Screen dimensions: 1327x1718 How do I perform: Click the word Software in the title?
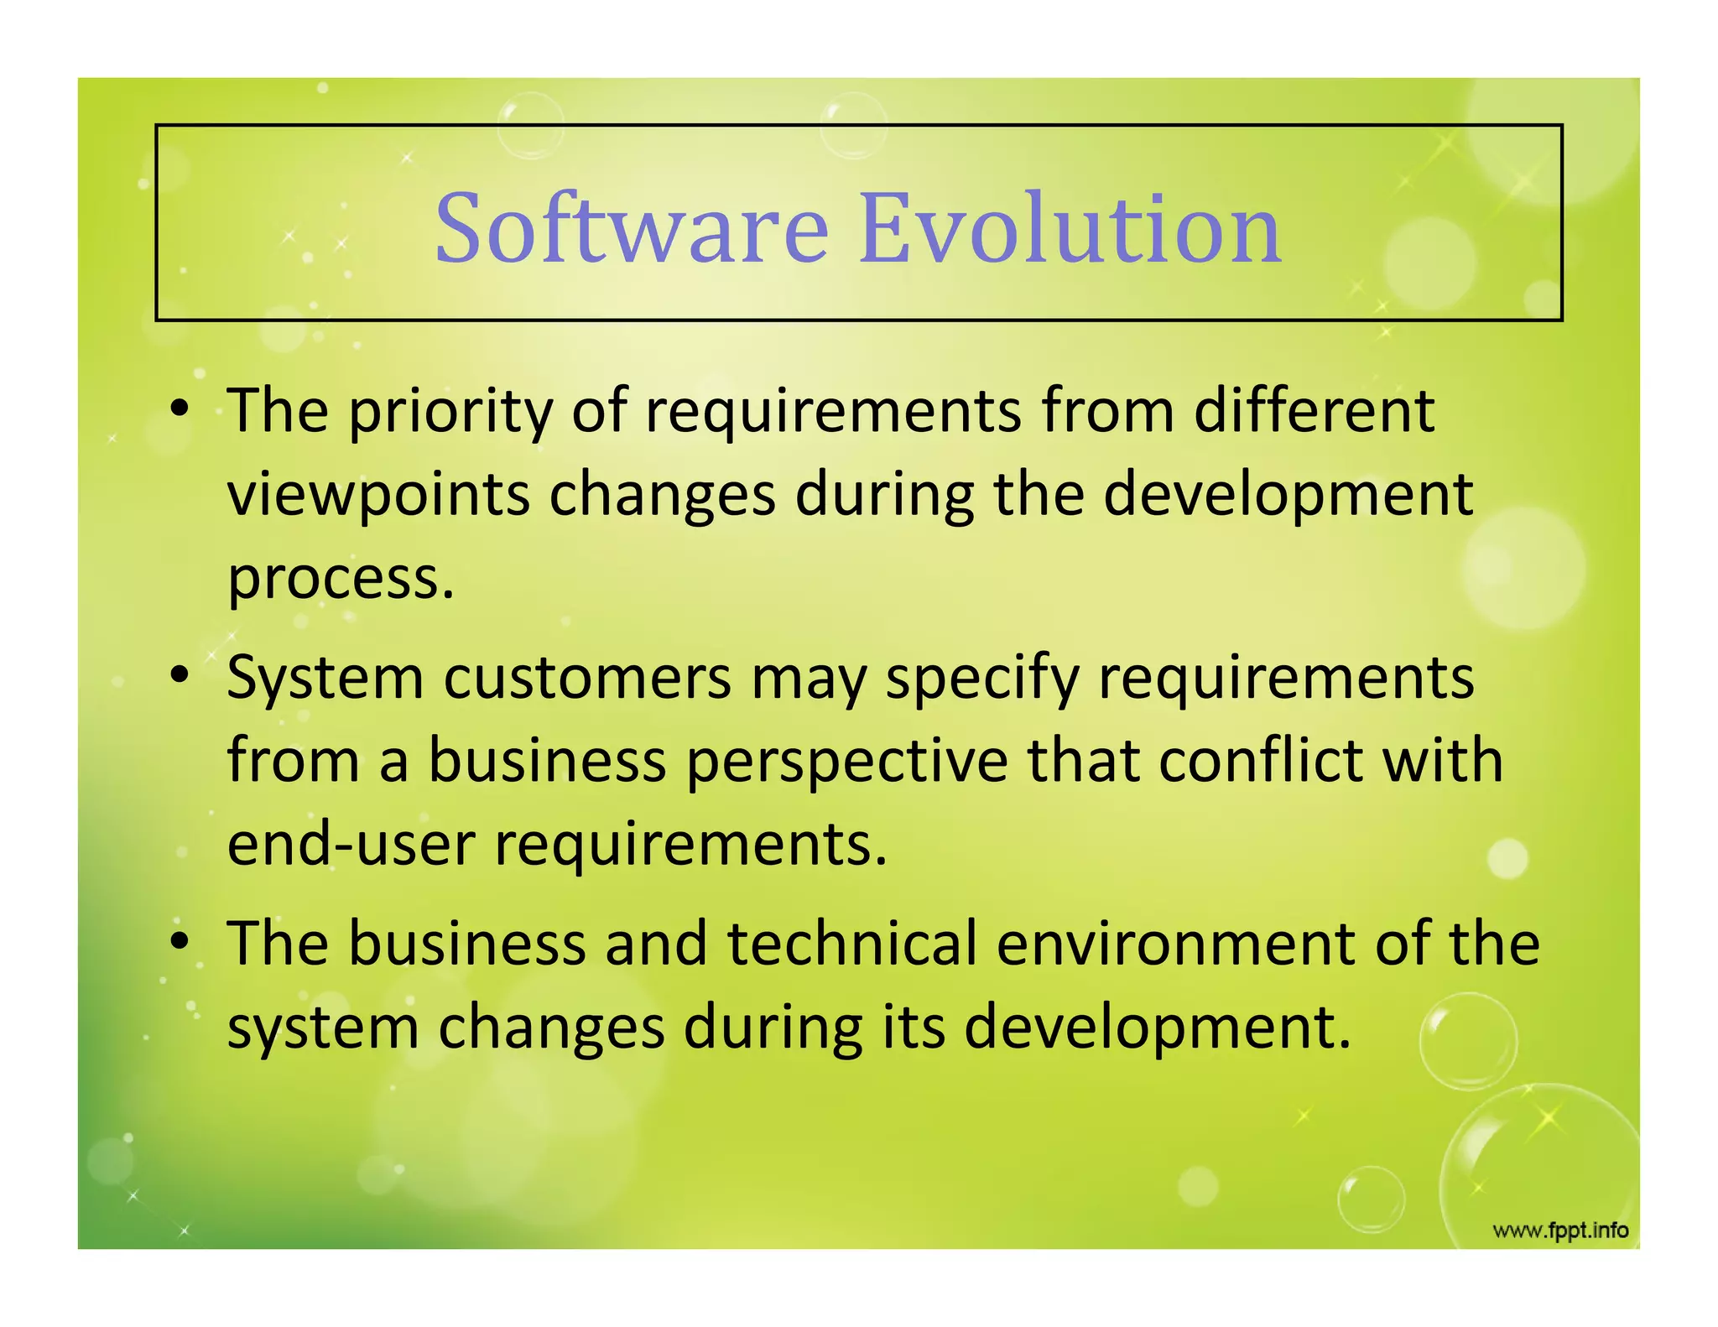[x=631, y=228]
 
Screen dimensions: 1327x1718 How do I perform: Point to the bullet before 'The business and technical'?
[x=179, y=941]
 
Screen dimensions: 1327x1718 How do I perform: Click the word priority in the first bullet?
[x=450, y=413]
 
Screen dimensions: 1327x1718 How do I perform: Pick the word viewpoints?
[x=378, y=495]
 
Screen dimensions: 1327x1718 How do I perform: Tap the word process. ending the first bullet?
[x=341, y=579]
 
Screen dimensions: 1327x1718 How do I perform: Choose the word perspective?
[x=847, y=762]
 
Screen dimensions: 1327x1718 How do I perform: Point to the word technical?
[x=851, y=943]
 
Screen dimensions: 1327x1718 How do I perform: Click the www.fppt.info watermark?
[x=1560, y=1231]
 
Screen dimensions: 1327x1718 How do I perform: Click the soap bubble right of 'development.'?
[x=1468, y=1041]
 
